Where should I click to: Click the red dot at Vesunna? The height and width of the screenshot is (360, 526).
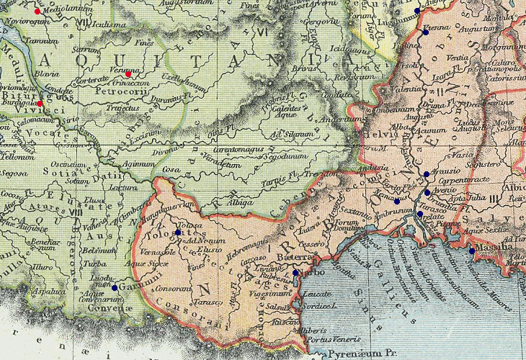[128, 74]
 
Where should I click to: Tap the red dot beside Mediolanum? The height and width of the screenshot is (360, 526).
[37, 12]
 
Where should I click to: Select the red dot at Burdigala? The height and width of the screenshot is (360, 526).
[40, 103]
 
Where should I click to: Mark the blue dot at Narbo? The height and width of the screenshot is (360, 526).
[295, 273]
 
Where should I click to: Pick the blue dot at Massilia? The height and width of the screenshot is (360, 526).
[472, 251]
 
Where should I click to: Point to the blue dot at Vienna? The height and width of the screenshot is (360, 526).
[426, 32]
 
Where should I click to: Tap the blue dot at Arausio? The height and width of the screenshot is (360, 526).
[427, 174]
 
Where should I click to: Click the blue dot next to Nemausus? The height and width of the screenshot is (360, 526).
[396, 201]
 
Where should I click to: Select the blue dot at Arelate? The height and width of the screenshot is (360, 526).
[420, 214]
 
